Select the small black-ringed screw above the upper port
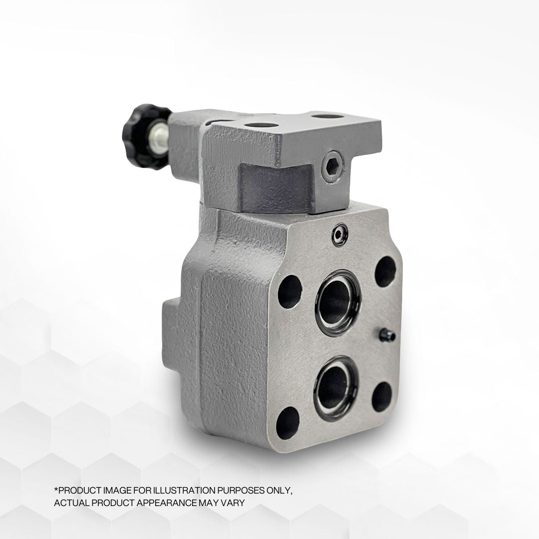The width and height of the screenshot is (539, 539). tap(340, 235)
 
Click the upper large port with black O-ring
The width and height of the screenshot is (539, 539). tap(338, 302)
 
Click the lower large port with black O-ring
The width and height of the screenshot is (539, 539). tap(336, 388)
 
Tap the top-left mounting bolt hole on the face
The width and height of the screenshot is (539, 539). tap(290, 292)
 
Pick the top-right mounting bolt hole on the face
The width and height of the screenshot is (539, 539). tap(385, 271)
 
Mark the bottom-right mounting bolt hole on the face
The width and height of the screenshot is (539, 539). tap(382, 397)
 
